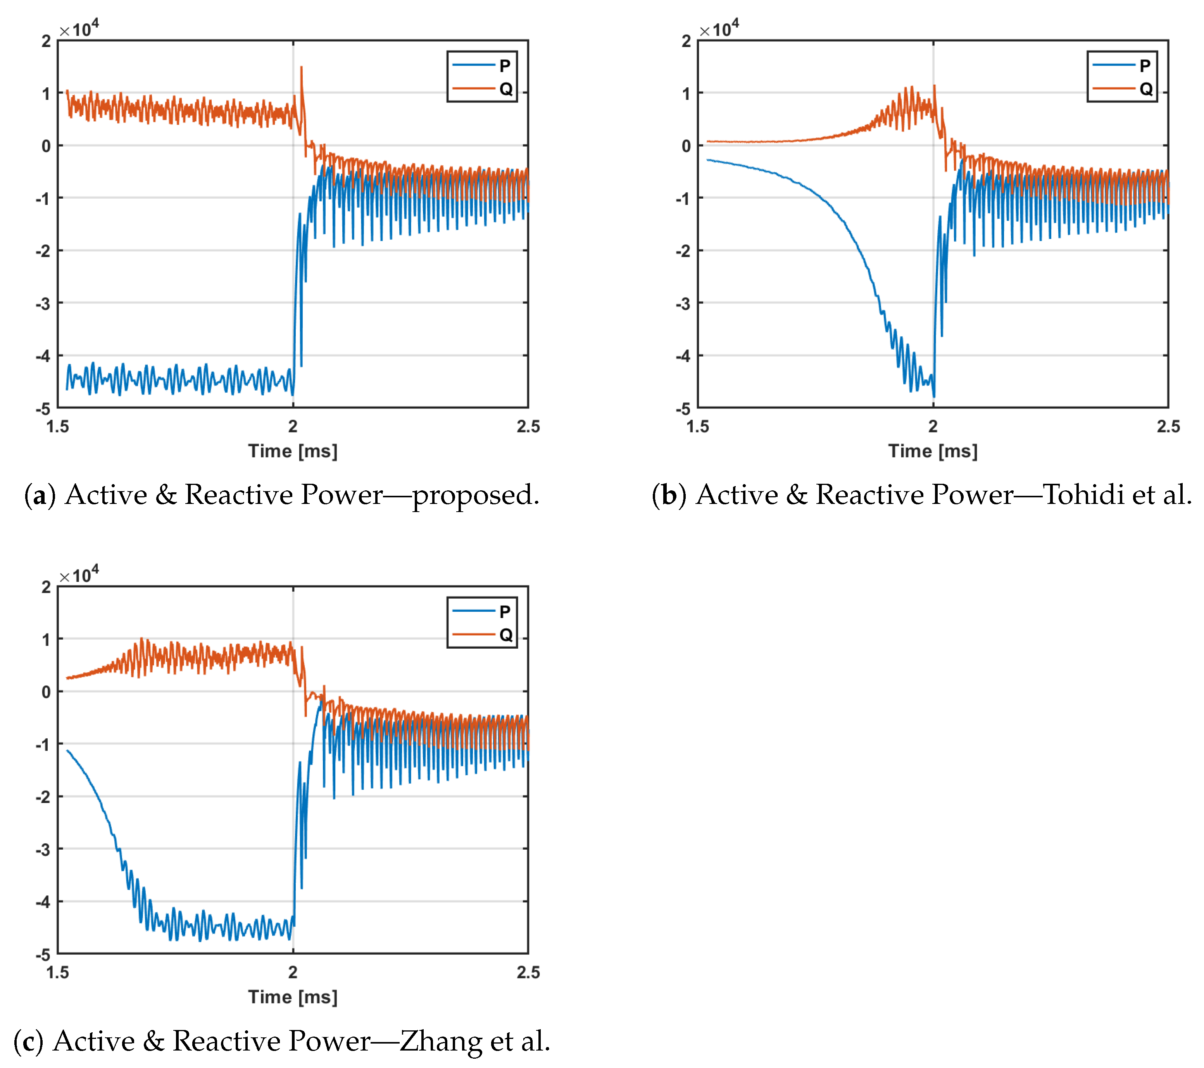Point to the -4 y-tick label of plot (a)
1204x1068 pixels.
(43, 356)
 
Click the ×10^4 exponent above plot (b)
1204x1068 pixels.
(719, 28)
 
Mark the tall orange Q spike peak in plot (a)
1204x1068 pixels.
(302, 67)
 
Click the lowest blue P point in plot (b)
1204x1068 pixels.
(934, 396)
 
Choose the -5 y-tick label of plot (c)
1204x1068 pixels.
(43, 954)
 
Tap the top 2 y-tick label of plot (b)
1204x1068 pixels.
(686, 41)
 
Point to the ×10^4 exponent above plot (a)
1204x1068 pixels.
(79, 28)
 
